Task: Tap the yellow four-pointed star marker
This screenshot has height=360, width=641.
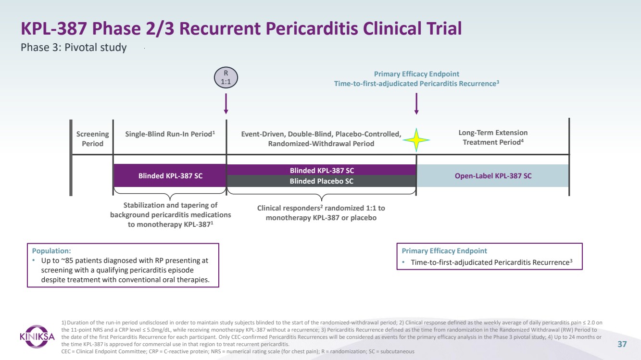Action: tap(416, 140)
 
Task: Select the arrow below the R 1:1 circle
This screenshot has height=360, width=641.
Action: tap(226, 104)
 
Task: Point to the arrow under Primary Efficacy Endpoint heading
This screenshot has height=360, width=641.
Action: tap(416, 104)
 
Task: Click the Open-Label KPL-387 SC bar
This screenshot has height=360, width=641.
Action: tap(493, 176)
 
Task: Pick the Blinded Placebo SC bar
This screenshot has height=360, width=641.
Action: tap(321, 181)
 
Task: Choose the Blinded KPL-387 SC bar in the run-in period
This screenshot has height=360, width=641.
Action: tap(170, 176)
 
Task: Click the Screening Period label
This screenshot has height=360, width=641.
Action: tap(92, 138)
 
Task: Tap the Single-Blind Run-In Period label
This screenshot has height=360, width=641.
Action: tap(170, 134)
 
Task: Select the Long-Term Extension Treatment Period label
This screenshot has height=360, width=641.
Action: tap(492, 137)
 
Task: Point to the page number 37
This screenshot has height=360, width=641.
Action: tap(622, 344)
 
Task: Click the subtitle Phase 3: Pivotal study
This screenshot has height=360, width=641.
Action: tap(74, 48)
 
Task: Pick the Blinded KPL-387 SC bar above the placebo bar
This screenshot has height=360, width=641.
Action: tap(321, 170)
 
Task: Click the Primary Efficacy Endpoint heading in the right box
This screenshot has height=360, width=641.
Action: tap(444, 251)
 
